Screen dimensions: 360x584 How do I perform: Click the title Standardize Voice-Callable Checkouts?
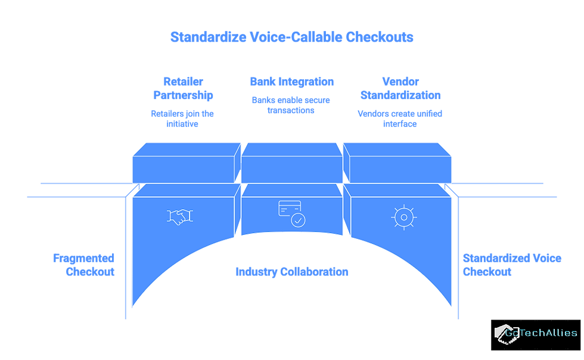tap(291, 38)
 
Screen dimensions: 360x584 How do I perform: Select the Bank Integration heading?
tap(291, 82)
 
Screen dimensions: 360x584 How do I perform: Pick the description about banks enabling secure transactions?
tap(291, 105)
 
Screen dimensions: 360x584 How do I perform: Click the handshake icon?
tap(179, 217)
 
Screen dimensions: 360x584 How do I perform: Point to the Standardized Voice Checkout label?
tap(512, 265)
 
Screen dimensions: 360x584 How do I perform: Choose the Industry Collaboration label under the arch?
tap(291, 272)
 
